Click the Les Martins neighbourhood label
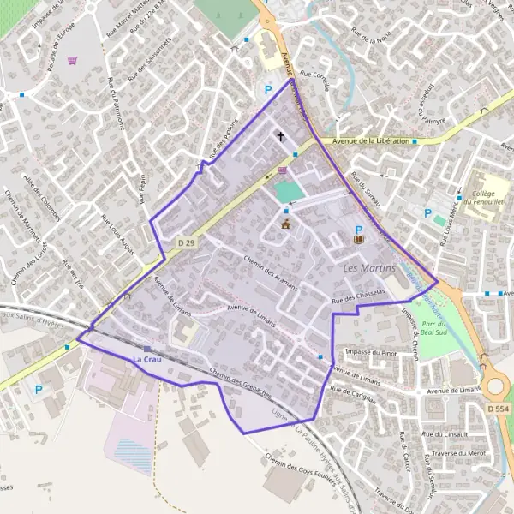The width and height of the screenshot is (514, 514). coord(369,269)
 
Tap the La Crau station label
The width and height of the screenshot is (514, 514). coord(146,359)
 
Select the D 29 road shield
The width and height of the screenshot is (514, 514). coord(187,245)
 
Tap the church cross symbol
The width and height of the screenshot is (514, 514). coord(280,135)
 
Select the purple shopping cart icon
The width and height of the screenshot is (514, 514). coord(72,61)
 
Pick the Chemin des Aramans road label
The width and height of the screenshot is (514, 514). coord(270,272)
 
